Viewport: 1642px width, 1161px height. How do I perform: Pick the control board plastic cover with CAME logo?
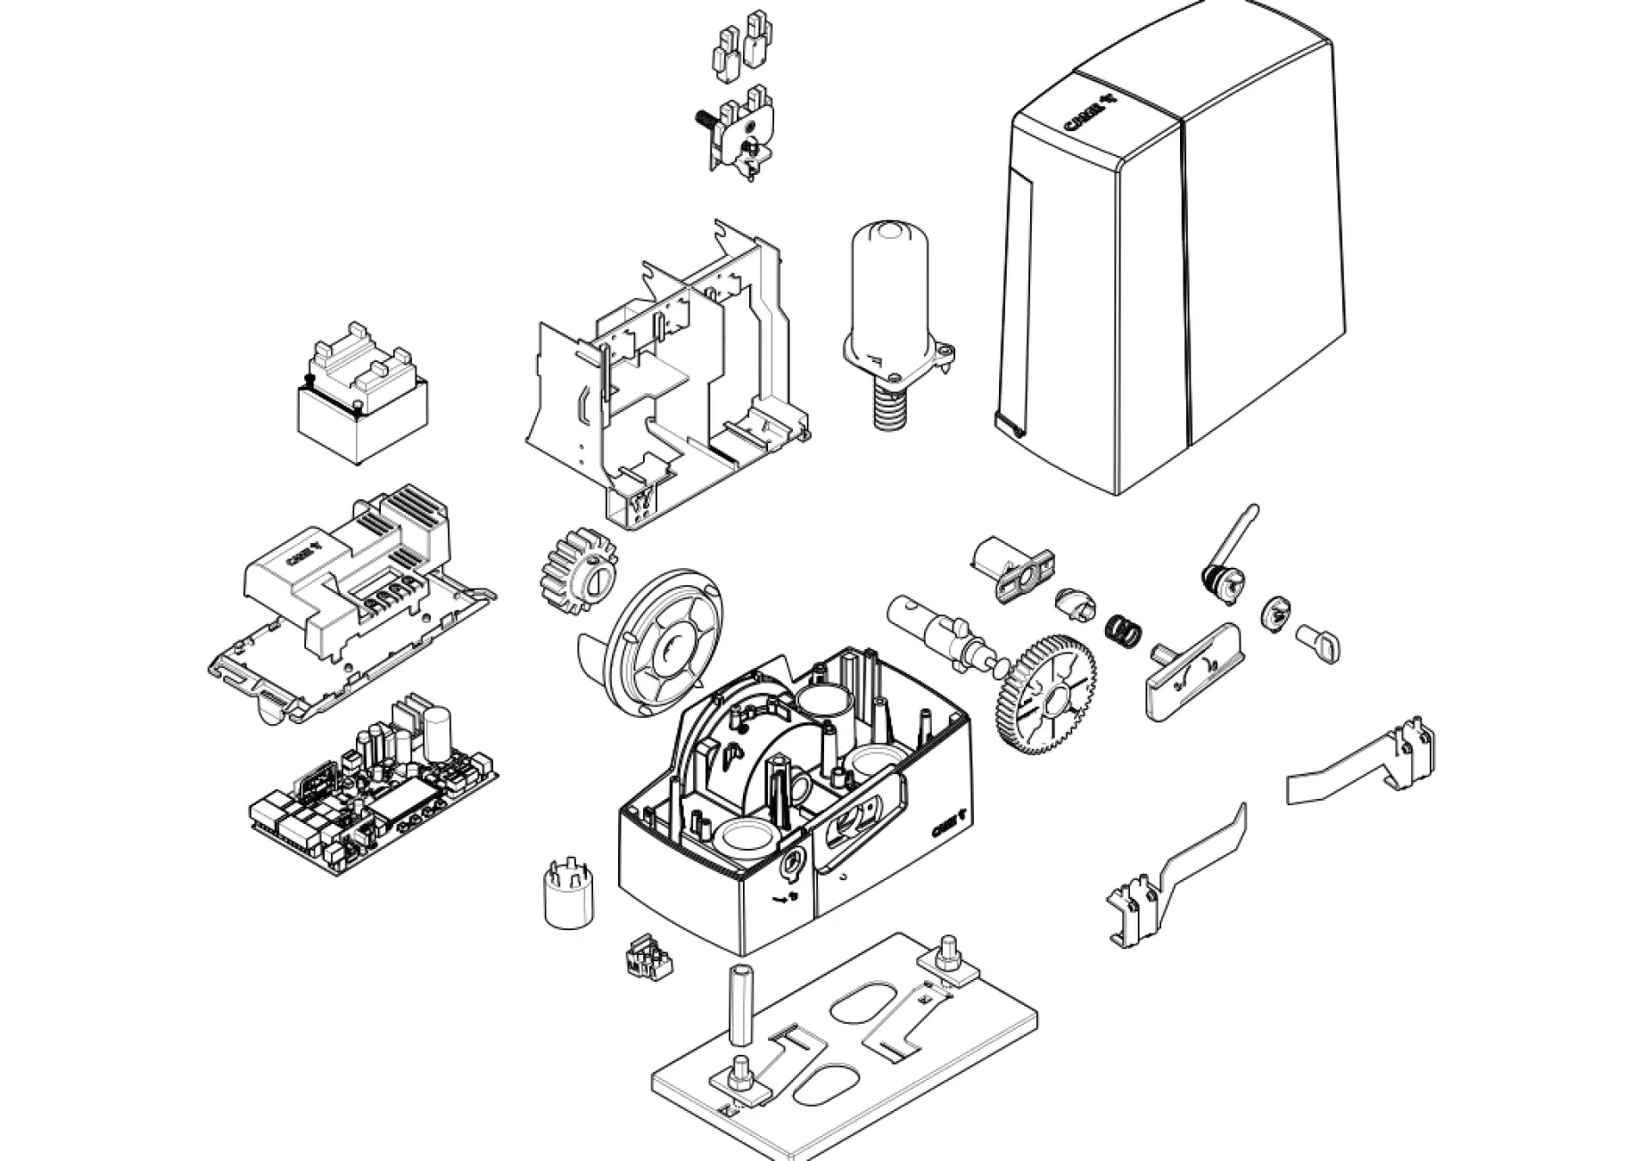348,580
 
